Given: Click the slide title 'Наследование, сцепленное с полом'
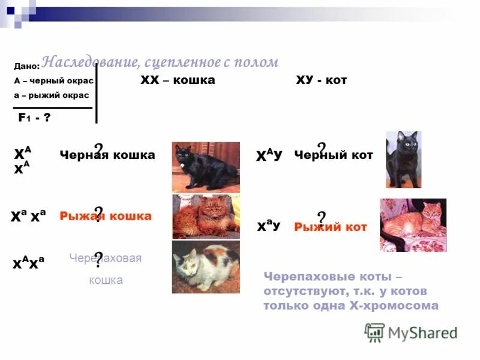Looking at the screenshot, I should tap(160, 62).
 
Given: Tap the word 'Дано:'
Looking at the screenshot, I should tap(27, 67).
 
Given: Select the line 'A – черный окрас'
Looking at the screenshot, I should tap(53, 80).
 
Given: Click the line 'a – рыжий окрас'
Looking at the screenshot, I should tap(51, 95).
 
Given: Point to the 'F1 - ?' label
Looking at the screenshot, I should tap(34, 118).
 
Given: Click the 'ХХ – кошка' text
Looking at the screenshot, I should tap(177, 80).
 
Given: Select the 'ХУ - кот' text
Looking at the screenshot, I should tap(322, 80).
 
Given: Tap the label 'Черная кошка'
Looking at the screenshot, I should tap(107, 155).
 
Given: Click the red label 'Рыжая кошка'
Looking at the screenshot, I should tap(106, 216).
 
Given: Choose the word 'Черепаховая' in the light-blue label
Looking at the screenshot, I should tap(106, 258).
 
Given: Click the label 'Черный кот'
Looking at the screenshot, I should tap(334, 155).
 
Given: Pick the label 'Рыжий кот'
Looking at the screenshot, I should tap(331, 227).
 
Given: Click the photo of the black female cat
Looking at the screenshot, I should tap(206, 167).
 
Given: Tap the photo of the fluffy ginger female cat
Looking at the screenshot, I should tap(206, 217).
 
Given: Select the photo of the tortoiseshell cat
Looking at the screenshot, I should tap(206, 267).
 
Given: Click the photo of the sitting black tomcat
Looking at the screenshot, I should tap(403, 159).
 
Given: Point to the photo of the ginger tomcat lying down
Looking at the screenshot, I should tap(413, 224).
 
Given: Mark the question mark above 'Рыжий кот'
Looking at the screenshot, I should tap(322, 217).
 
